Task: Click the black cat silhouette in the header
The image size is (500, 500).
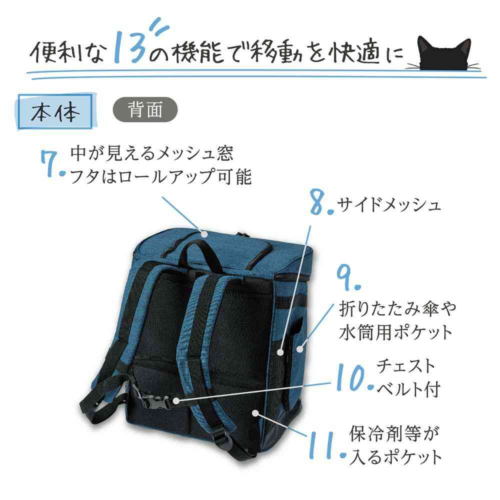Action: [443, 54]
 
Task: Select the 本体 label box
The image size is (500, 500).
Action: [55, 111]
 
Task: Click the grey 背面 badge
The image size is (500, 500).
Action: [145, 109]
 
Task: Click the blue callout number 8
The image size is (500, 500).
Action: [321, 202]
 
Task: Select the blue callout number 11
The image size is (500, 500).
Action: [326, 446]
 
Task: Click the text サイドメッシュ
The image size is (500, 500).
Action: [389, 204]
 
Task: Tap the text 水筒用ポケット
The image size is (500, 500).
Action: [395, 332]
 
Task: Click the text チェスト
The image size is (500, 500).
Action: [406, 366]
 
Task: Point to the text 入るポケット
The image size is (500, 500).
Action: [395, 457]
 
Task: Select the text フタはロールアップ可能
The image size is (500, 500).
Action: [160, 177]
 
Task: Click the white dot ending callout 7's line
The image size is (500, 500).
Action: [204, 234]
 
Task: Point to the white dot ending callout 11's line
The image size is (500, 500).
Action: [255, 413]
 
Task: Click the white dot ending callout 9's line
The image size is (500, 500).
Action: [299, 349]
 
